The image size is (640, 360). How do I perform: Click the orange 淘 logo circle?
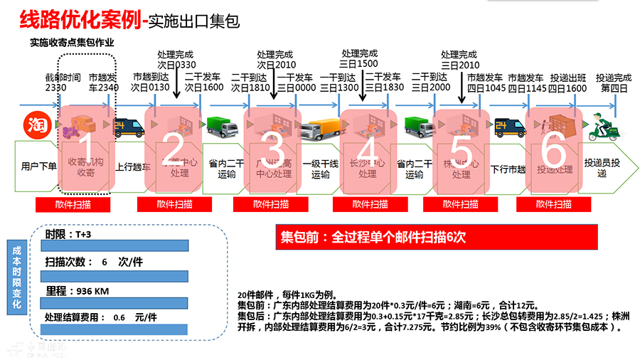35,124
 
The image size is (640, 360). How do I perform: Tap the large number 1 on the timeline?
83,151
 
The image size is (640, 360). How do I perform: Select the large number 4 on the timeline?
367,151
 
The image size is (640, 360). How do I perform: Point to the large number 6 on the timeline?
554,151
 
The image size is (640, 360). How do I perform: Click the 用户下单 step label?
38,167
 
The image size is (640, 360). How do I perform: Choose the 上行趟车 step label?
131,167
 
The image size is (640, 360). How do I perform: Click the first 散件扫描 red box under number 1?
73,204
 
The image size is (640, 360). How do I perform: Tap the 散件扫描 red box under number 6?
554,204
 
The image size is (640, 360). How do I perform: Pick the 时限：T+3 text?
69,234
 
